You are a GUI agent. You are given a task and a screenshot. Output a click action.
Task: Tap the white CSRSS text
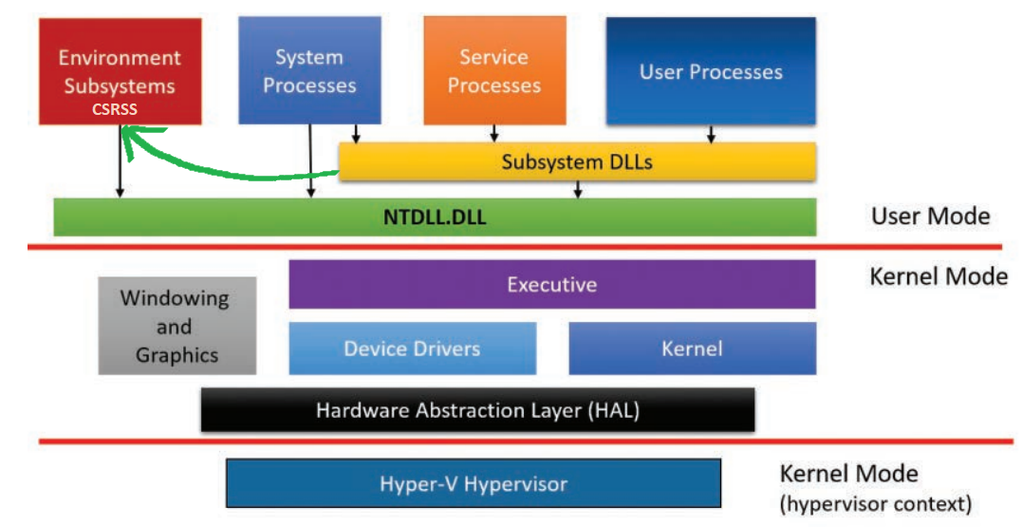point(115,109)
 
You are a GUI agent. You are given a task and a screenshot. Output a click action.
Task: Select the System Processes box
point(309,70)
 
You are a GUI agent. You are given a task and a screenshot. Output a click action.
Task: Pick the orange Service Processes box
point(493,70)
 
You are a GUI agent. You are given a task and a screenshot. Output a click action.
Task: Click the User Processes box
point(710,71)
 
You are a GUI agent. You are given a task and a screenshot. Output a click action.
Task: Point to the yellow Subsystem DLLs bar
point(577,162)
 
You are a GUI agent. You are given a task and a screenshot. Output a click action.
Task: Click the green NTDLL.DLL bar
point(435,217)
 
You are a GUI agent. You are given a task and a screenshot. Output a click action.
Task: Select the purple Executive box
point(551,285)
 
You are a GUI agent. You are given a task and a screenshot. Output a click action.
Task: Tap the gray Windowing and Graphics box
point(176,326)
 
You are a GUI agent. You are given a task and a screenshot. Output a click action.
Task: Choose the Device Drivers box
point(412,348)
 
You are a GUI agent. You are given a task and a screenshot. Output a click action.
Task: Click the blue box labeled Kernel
point(692,348)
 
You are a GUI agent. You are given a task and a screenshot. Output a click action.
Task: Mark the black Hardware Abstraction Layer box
point(477,410)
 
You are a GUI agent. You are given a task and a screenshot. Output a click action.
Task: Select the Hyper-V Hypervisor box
point(473,483)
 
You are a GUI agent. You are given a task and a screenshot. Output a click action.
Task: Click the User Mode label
point(930,216)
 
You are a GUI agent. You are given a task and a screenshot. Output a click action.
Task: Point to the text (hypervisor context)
point(875,503)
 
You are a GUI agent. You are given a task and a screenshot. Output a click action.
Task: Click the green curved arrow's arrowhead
point(127,139)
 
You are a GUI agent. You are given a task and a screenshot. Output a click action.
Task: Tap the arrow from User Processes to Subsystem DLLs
point(710,134)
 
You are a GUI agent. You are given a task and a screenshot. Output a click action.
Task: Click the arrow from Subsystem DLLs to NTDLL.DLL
point(577,190)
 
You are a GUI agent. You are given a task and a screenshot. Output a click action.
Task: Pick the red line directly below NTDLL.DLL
point(512,248)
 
